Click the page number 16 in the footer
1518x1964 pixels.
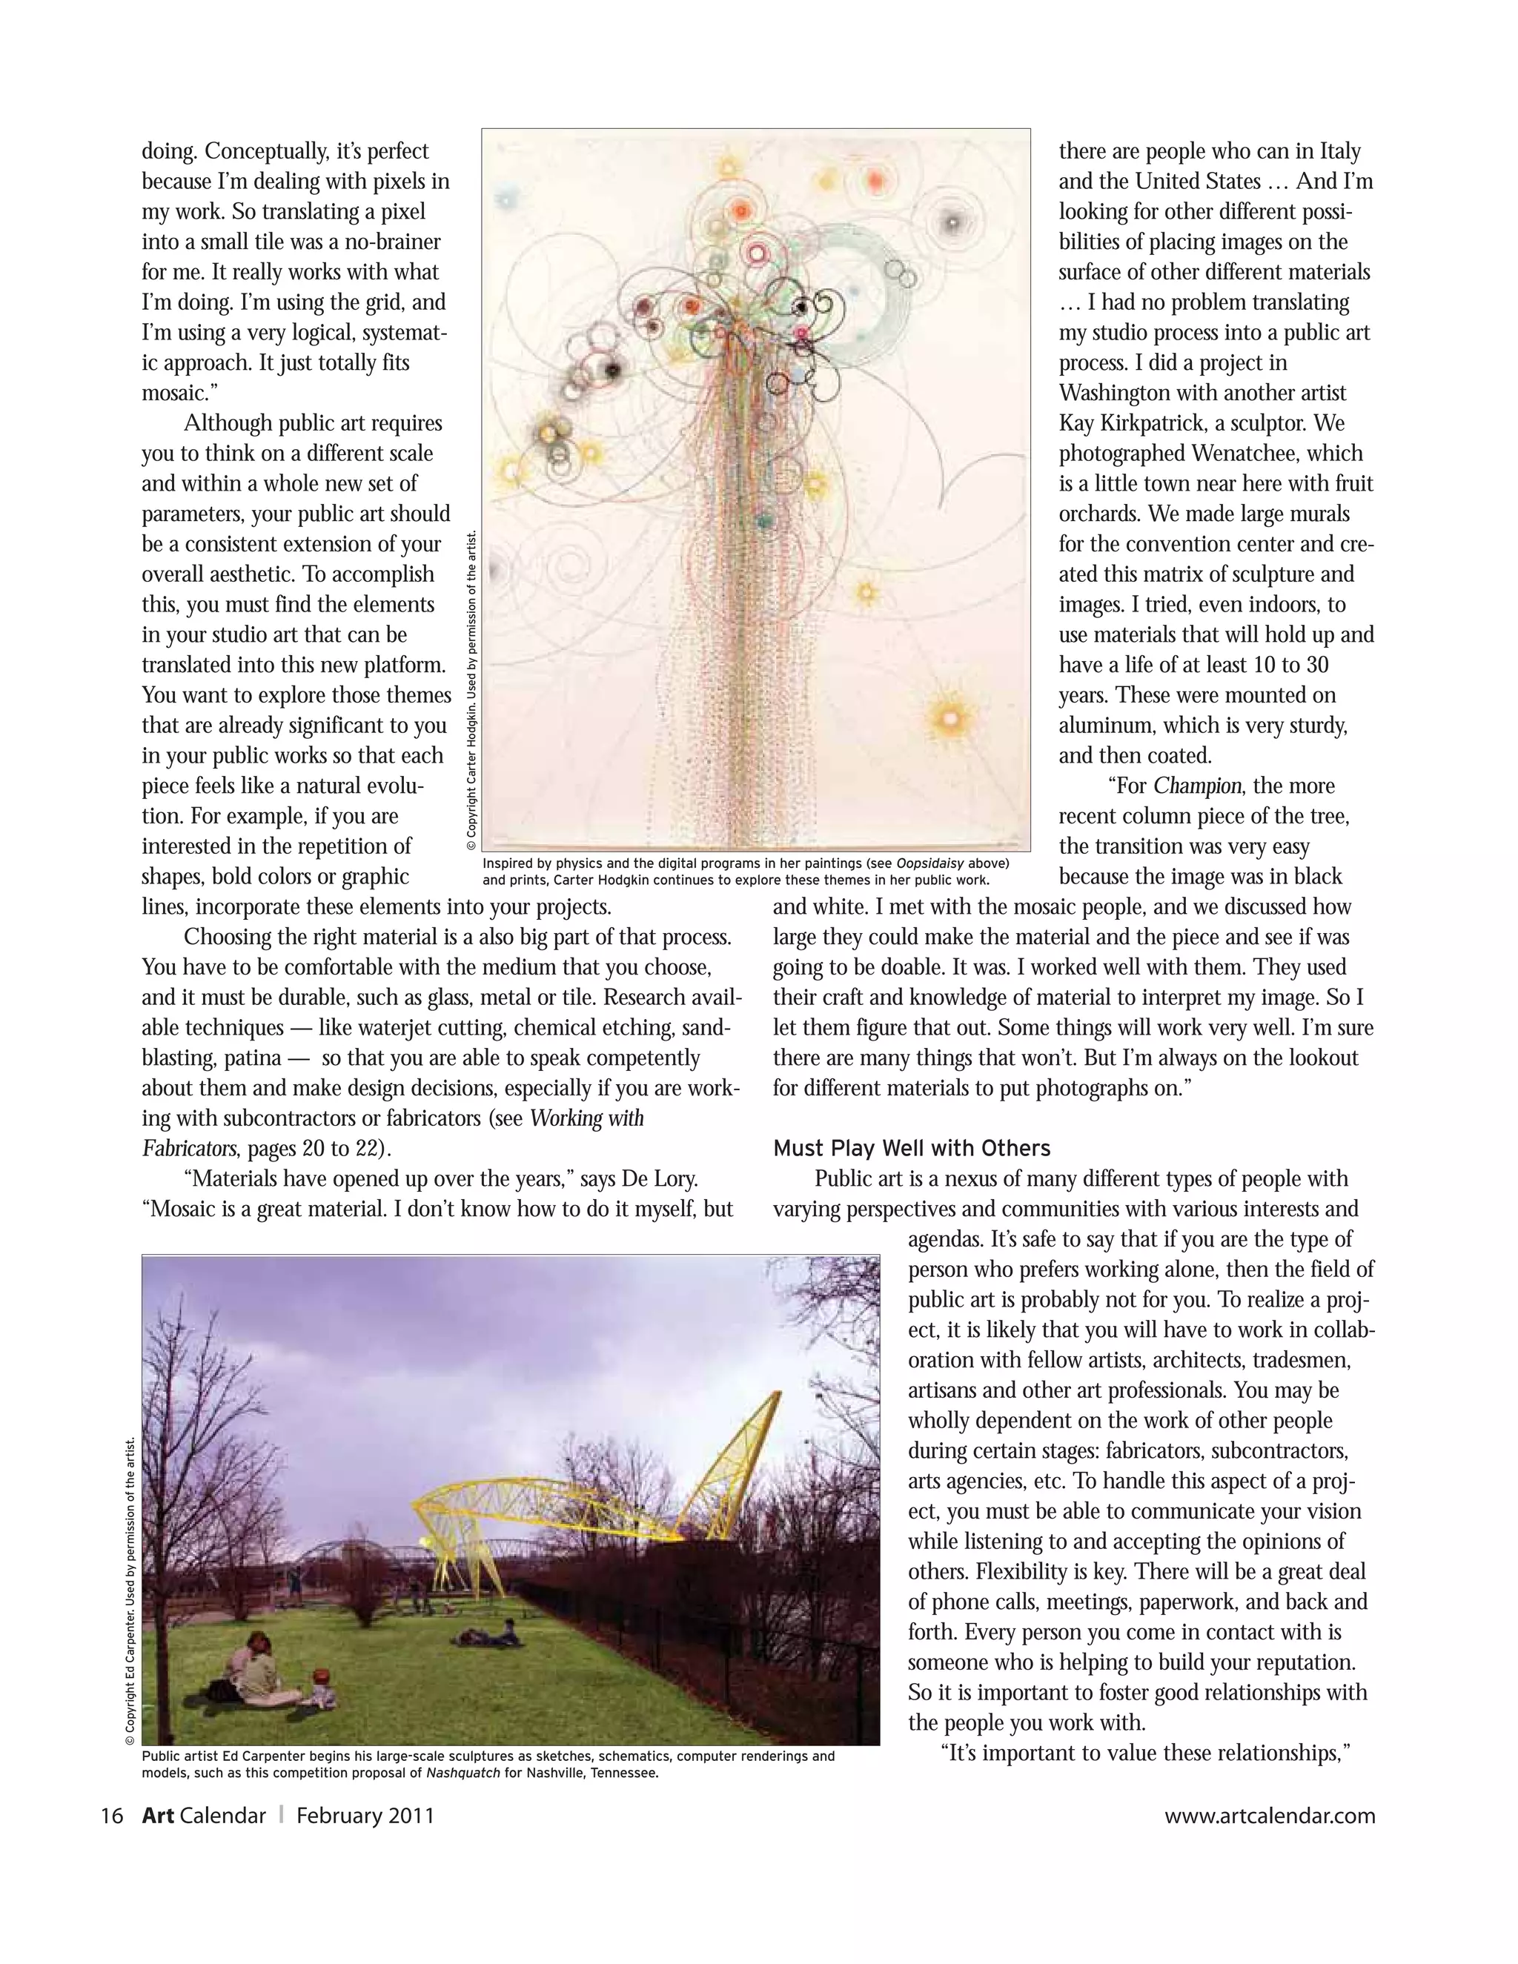(x=111, y=1815)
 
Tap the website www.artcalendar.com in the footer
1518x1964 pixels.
(x=1269, y=1815)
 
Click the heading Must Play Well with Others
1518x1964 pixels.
(x=911, y=1148)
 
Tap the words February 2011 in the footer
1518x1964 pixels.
(x=365, y=1815)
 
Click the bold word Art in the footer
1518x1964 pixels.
(x=159, y=1815)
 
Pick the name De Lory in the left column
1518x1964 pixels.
(x=665, y=1178)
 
